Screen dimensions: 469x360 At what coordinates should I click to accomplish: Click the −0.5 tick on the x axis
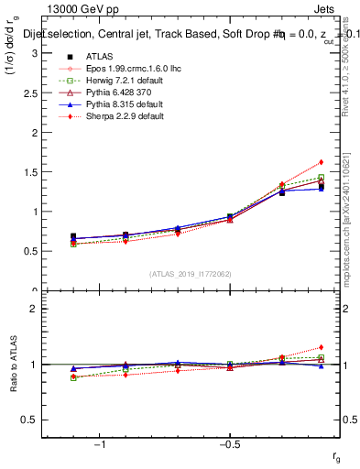point(228,443)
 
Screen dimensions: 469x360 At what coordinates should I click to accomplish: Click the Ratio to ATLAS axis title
point(14,364)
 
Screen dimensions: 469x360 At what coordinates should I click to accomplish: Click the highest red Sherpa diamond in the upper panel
point(322,162)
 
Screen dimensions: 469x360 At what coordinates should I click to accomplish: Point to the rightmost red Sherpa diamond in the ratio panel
point(322,347)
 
